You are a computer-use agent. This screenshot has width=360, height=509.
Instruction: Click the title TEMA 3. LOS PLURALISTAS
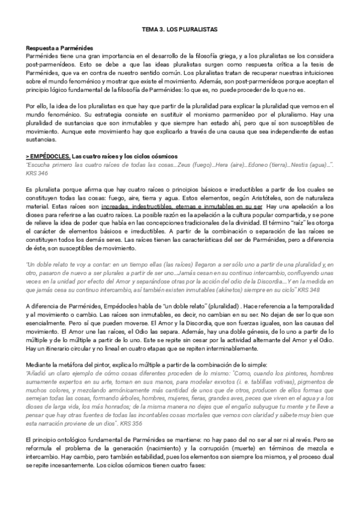point(179,29)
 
